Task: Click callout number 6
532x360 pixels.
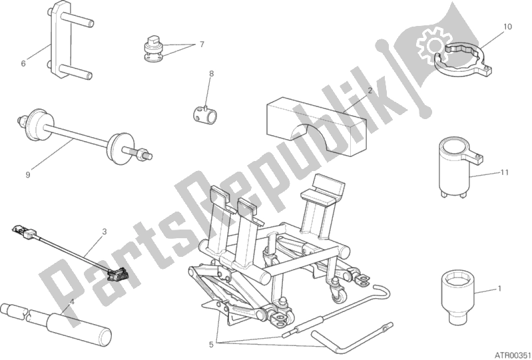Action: pos(23,63)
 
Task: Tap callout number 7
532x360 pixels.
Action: pos(202,44)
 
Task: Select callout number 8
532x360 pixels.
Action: pos(211,73)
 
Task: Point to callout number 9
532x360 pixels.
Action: pos(28,174)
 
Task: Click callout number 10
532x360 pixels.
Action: pos(507,27)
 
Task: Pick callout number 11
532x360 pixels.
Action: pos(505,172)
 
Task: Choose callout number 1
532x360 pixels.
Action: pos(499,289)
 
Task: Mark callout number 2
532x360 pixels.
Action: pos(370,90)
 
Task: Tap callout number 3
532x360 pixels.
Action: pos(104,232)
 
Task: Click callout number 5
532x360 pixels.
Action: pos(211,345)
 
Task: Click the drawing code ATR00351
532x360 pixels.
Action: pos(512,355)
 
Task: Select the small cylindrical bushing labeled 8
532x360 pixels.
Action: pos(204,114)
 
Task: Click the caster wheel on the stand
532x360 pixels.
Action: pos(340,297)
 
